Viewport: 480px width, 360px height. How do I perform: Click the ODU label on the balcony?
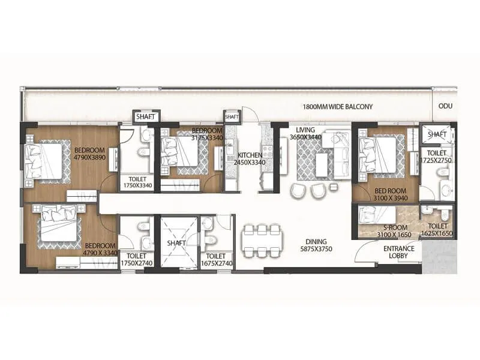(x=445, y=106)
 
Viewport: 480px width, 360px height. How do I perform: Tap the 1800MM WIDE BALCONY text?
(x=338, y=107)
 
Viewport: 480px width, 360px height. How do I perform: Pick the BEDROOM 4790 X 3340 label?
(x=100, y=249)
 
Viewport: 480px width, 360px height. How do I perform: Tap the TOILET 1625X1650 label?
(x=436, y=232)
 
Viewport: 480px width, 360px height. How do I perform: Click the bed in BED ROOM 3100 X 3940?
(x=379, y=154)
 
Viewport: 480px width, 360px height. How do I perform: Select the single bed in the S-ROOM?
(x=377, y=214)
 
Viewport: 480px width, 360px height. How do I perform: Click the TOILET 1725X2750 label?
(x=436, y=157)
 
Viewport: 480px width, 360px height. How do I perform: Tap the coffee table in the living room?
(x=322, y=164)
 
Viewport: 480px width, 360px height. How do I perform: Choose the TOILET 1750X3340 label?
(x=137, y=182)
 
